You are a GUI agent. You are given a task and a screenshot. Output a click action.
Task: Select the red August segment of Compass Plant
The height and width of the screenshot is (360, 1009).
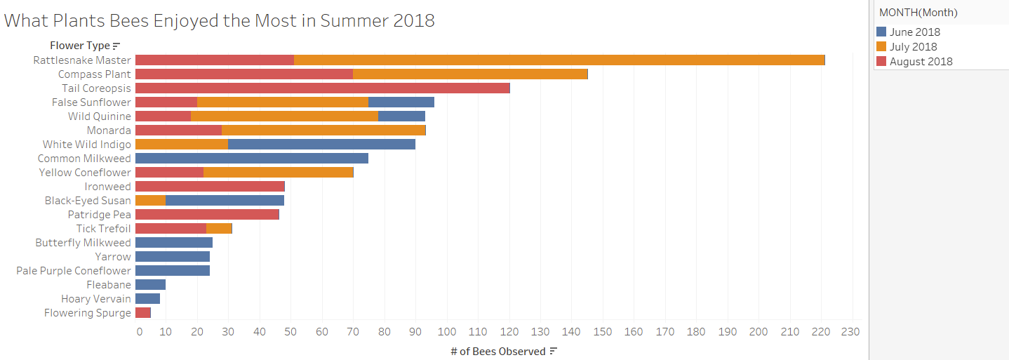click(x=243, y=74)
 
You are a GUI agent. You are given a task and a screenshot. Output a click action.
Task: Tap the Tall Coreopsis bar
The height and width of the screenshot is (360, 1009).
click(x=322, y=88)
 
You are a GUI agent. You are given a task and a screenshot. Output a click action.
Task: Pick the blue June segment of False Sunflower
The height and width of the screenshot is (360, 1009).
click(x=401, y=102)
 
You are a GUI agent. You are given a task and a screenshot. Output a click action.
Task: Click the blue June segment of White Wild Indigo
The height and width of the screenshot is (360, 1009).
click(x=321, y=145)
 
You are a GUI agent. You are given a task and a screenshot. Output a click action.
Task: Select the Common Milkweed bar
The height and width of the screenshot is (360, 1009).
click(x=251, y=159)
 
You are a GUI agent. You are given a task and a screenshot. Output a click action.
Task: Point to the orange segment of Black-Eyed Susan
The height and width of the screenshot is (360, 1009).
click(x=150, y=201)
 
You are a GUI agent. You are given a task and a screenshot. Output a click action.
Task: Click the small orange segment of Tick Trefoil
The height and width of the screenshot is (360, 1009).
click(x=219, y=229)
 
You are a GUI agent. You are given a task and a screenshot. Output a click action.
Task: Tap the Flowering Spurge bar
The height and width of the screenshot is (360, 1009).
click(x=142, y=313)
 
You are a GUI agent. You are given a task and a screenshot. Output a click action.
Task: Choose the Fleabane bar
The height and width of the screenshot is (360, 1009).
click(x=150, y=285)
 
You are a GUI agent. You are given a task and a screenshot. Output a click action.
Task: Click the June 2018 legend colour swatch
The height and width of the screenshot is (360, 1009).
click(x=881, y=32)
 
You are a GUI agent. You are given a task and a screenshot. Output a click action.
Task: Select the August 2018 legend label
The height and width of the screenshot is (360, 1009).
click(x=921, y=61)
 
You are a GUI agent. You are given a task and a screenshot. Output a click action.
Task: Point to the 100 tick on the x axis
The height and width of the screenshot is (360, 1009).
click(x=447, y=332)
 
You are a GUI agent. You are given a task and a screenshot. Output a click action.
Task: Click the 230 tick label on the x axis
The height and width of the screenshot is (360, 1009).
click(x=852, y=332)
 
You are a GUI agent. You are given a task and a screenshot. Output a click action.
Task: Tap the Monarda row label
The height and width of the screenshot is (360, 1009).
click(x=109, y=131)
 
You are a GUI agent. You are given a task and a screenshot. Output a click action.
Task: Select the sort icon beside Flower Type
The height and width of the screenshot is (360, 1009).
click(x=116, y=46)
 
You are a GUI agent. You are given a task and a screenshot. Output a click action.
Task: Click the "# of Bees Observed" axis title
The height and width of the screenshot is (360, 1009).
click(x=497, y=351)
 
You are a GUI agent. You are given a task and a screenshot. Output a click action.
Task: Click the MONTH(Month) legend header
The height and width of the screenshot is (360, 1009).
click(x=918, y=12)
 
